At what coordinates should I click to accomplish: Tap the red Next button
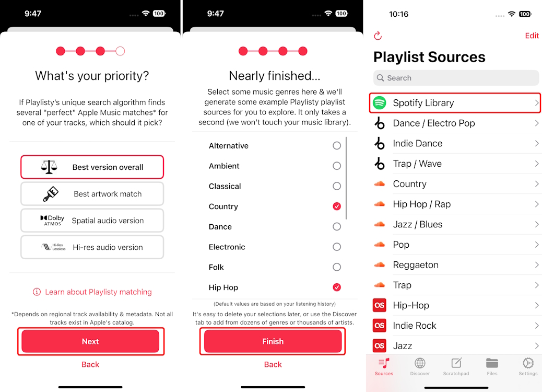[x=90, y=341]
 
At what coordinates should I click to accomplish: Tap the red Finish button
[x=273, y=341]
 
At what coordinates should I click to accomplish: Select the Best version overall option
[x=92, y=167]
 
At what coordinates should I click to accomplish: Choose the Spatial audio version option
[x=92, y=221]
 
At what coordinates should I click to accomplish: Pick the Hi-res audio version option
[x=92, y=247]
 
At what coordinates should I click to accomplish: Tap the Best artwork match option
[x=92, y=194]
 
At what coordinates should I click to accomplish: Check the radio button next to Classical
[x=337, y=186]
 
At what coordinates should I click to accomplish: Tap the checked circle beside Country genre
[x=337, y=206]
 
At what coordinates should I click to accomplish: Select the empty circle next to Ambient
[x=337, y=166]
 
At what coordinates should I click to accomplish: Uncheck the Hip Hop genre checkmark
[x=337, y=287]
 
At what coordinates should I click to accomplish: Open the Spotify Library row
[x=454, y=103]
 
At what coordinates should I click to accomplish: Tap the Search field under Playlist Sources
[x=456, y=78]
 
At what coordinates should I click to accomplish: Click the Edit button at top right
[x=532, y=36]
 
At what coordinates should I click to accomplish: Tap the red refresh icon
[x=378, y=36]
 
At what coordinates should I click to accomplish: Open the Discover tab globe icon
[x=420, y=364]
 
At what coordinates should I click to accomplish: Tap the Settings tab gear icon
[x=528, y=364]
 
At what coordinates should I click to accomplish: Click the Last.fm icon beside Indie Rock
[x=380, y=326]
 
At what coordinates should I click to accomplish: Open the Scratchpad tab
[x=456, y=364]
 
